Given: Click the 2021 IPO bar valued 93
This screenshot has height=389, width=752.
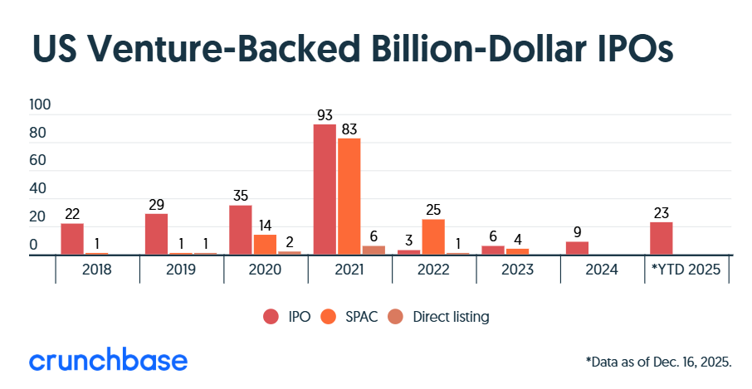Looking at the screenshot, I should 325,189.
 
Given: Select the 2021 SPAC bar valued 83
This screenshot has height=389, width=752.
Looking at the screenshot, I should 349,197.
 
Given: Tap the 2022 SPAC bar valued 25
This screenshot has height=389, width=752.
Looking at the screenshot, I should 433,236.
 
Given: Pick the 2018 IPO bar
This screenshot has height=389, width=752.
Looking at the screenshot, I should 72,239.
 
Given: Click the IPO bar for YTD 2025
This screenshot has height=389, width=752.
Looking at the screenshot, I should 661,238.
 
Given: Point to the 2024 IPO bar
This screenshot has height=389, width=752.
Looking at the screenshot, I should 577,248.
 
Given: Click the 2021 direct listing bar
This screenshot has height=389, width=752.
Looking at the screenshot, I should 374,250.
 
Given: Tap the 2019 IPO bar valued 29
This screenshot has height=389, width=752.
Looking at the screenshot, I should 156,234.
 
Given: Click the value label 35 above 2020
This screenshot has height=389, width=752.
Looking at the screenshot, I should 240,197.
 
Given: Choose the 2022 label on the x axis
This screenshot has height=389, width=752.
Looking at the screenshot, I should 433,270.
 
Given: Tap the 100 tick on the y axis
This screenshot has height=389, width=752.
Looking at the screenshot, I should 40,105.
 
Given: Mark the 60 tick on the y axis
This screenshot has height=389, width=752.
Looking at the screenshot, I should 40,162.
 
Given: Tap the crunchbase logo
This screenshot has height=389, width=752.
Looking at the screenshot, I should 108,361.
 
